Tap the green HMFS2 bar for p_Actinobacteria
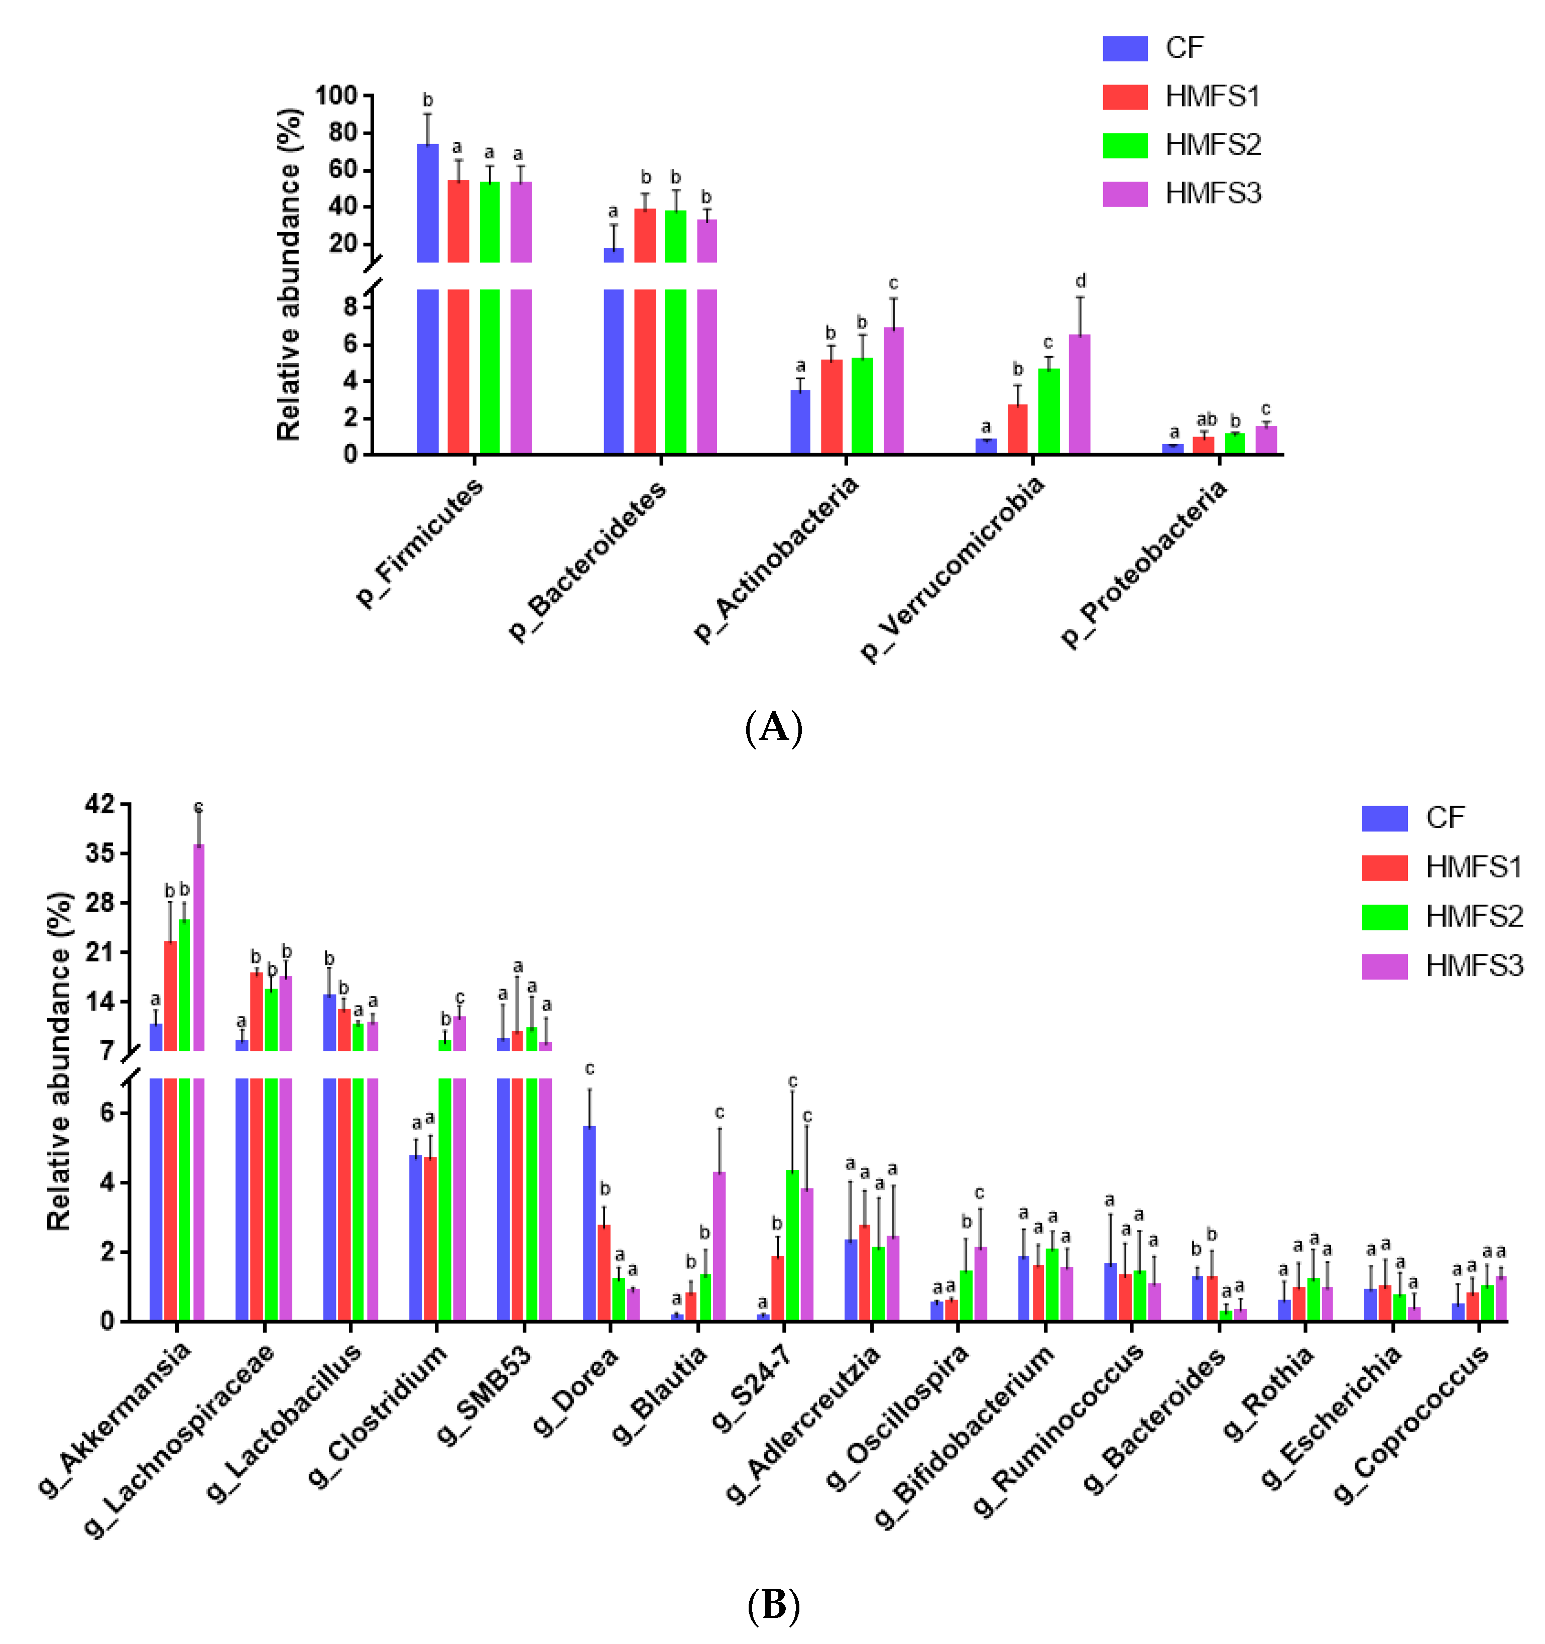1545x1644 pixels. [x=862, y=405]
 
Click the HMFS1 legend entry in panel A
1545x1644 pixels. [x=1182, y=97]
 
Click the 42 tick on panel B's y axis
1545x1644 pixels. [x=101, y=804]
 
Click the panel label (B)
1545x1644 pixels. [x=773, y=1605]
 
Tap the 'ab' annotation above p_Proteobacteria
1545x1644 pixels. [x=1206, y=420]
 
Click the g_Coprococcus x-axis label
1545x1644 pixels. [x=1412, y=1423]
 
